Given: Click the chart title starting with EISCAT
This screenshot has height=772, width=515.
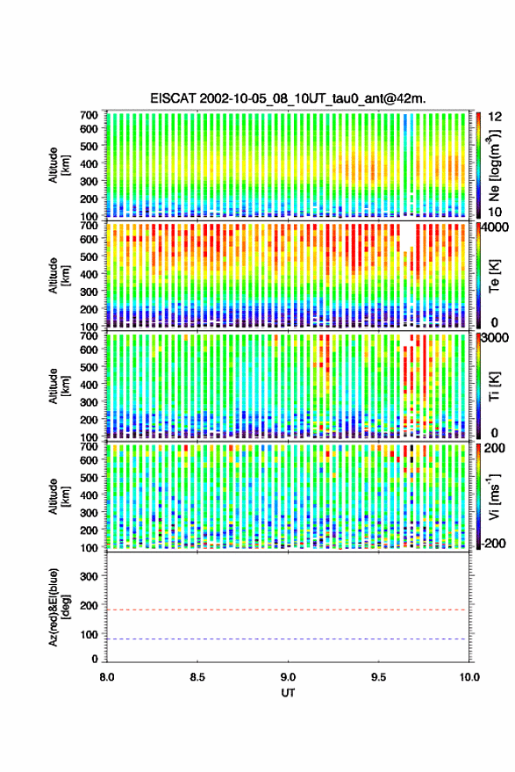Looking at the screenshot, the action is [289, 98].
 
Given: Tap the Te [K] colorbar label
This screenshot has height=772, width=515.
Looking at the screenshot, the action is [494, 276].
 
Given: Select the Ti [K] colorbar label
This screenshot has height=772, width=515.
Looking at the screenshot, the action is [494, 386].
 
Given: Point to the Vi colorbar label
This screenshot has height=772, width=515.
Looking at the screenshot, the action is [494, 497].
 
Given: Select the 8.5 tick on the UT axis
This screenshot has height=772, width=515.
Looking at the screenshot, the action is [197, 677].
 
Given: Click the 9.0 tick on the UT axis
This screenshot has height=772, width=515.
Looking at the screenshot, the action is [289, 677].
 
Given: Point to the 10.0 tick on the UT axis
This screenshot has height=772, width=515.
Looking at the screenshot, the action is [469, 677].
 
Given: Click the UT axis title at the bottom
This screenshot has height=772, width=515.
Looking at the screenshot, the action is [289, 693].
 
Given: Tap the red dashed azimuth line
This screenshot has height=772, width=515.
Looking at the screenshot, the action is [288, 610].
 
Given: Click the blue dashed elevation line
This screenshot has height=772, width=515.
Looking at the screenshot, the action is [288, 639].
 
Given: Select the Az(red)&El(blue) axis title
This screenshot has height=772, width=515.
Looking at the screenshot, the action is [59, 607].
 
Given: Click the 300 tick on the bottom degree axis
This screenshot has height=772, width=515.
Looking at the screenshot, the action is [89, 576].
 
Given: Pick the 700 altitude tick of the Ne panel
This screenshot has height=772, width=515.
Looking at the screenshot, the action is [89, 115].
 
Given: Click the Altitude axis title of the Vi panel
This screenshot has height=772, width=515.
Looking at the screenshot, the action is [59, 496].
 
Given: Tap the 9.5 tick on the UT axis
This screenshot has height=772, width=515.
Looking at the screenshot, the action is [378, 677].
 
